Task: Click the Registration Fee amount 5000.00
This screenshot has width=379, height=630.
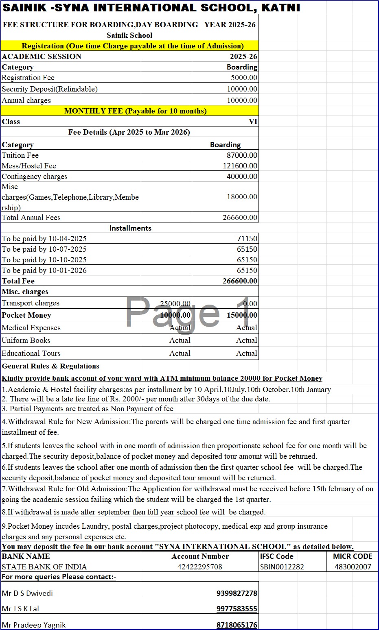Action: tap(244, 78)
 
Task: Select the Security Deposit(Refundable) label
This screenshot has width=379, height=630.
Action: tap(50, 89)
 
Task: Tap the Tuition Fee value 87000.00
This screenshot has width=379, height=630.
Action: tap(242, 155)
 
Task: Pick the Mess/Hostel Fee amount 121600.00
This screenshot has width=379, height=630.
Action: tap(240, 166)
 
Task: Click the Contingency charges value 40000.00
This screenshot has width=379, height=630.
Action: tap(242, 177)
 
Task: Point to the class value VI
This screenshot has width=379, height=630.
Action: tap(253, 122)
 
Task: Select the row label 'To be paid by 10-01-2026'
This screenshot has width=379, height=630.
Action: tap(44, 270)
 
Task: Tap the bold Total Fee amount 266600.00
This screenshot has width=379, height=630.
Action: tap(240, 281)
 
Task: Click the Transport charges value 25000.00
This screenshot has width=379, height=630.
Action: tap(175, 303)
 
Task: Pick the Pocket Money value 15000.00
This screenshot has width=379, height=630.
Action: tap(242, 315)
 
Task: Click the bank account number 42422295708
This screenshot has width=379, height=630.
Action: tap(200, 567)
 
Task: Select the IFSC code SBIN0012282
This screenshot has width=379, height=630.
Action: tap(282, 567)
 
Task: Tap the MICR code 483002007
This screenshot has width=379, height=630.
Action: tap(353, 567)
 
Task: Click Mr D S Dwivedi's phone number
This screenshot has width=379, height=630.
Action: tap(237, 593)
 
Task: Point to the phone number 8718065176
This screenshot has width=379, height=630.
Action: tap(237, 625)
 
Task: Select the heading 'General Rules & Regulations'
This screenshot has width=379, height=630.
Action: tap(50, 366)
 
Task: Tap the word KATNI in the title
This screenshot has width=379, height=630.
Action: tap(280, 8)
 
